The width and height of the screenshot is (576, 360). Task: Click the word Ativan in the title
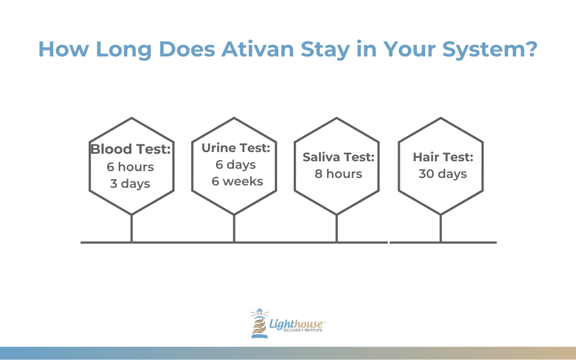[x=257, y=49]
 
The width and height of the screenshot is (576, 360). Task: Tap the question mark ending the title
[x=531, y=48]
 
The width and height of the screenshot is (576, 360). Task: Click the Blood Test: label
[x=130, y=149]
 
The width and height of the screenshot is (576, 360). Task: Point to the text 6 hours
[x=130, y=167]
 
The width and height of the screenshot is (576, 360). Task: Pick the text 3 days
[x=130, y=183]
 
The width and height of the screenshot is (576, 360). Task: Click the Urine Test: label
[x=236, y=147]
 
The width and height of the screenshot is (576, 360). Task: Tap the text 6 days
[x=236, y=165]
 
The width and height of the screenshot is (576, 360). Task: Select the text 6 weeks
[x=237, y=181]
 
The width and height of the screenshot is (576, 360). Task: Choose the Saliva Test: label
[x=338, y=157]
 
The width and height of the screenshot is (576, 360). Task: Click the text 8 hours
[x=338, y=174]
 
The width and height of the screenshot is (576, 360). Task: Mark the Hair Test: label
[x=443, y=157]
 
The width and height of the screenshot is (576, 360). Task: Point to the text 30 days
[x=443, y=174]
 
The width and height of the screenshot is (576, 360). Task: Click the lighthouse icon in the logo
[x=259, y=323]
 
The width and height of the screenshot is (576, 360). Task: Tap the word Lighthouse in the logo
[x=296, y=324]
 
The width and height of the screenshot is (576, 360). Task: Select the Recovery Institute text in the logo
[x=303, y=330]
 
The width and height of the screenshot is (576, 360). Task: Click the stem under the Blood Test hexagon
[x=131, y=229]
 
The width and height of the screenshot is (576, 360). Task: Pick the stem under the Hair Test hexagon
[x=441, y=229]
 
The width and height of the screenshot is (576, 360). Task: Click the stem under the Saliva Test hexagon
[x=336, y=229]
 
